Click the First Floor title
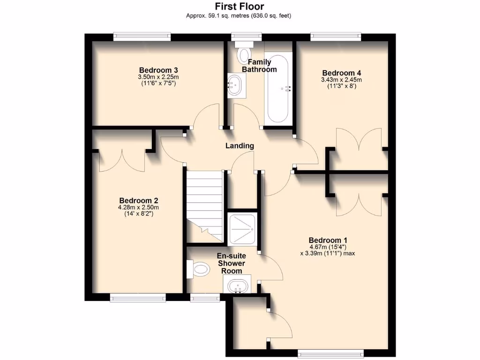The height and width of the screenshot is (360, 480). coord(240,7)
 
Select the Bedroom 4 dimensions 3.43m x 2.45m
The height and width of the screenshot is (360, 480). coord(341,80)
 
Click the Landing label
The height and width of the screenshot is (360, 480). coord(240,146)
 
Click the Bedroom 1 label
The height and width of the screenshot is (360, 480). coord(328,240)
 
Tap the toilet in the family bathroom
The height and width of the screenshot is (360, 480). coord(244,54)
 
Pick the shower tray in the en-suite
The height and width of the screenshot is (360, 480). coord(242,229)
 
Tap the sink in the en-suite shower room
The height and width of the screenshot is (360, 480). coord(239,285)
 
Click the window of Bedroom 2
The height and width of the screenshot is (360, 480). coord(138,297)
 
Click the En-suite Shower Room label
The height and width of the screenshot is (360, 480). coord(232,263)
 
